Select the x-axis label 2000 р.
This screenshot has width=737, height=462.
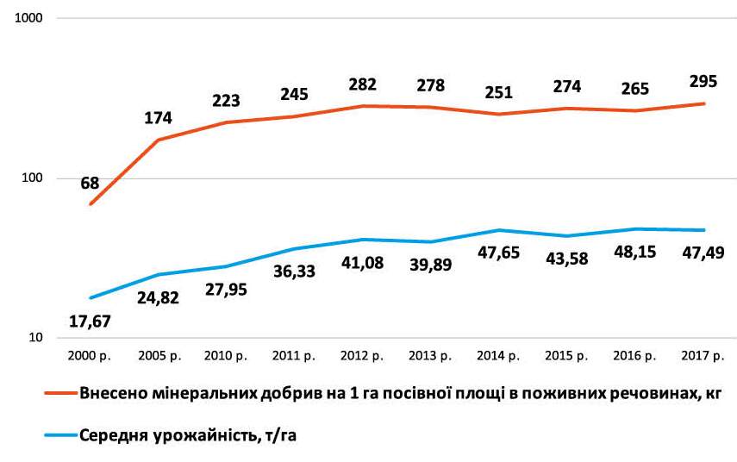tap(90, 355)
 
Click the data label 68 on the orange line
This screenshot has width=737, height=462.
tap(90, 183)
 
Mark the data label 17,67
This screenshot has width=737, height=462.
tap(91, 322)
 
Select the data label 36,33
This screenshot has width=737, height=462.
tap(296, 272)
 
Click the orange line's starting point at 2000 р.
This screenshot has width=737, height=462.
tap(90, 204)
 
